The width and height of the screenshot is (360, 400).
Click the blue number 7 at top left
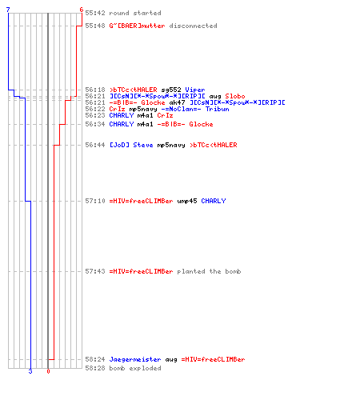[x=8, y=10]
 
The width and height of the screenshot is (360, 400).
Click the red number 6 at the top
[x=82, y=10]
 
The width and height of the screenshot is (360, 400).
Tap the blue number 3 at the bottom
[x=30, y=371]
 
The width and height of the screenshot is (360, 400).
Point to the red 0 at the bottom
[x=48, y=371]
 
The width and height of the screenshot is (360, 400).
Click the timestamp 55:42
[x=95, y=13]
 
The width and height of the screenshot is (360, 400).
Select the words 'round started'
[x=135, y=13]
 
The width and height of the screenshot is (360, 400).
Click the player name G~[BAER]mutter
[x=137, y=26]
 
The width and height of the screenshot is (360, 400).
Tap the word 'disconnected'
[x=193, y=26]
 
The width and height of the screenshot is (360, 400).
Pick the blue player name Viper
[x=195, y=90]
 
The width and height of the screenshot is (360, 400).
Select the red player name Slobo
[x=235, y=96]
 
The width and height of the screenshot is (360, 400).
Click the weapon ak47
[x=177, y=102]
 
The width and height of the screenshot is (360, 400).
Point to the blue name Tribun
[x=217, y=109]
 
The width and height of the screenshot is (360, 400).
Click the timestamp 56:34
[x=95, y=124]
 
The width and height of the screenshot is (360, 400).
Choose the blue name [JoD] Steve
[x=131, y=145]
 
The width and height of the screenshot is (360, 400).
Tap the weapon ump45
[x=187, y=201]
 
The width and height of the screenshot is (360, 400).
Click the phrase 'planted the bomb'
[x=209, y=271]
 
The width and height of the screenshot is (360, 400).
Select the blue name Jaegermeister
[x=135, y=359]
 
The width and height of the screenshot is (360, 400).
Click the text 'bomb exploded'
[x=135, y=368]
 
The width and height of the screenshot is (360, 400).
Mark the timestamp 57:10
[x=95, y=201]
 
